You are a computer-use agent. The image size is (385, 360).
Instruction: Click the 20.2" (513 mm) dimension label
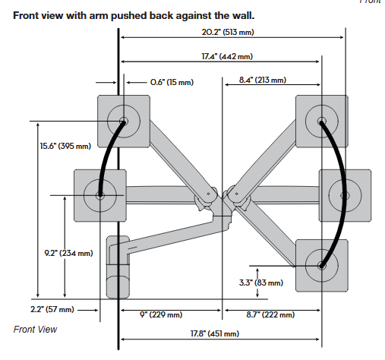point(228,32)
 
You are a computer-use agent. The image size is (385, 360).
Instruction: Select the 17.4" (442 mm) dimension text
point(227,56)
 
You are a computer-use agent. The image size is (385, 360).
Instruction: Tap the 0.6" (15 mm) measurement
point(172,82)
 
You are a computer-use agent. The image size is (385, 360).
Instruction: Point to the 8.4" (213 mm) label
point(263,80)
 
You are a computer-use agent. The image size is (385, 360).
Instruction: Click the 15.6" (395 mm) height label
point(65,146)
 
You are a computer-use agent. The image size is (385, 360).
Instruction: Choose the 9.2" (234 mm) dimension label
point(68,253)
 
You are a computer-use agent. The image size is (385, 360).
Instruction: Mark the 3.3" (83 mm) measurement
point(261,283)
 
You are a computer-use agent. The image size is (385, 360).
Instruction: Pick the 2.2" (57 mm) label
point(52,309)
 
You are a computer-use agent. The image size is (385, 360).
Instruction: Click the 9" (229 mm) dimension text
point(161,314)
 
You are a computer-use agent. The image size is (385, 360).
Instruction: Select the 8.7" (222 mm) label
point(270,314)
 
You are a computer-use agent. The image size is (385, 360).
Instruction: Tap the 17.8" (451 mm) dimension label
point(215,333)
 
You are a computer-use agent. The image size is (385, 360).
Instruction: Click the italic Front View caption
point(35,330)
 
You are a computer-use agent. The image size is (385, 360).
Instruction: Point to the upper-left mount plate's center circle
point(124,121)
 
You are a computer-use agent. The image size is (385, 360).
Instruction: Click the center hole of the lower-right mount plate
point(322,266)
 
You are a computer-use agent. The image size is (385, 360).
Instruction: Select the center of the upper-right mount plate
point(322,121)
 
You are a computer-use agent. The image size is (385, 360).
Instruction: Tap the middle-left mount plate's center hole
point(100,195)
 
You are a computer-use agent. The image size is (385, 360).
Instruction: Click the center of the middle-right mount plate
point(345,195)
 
